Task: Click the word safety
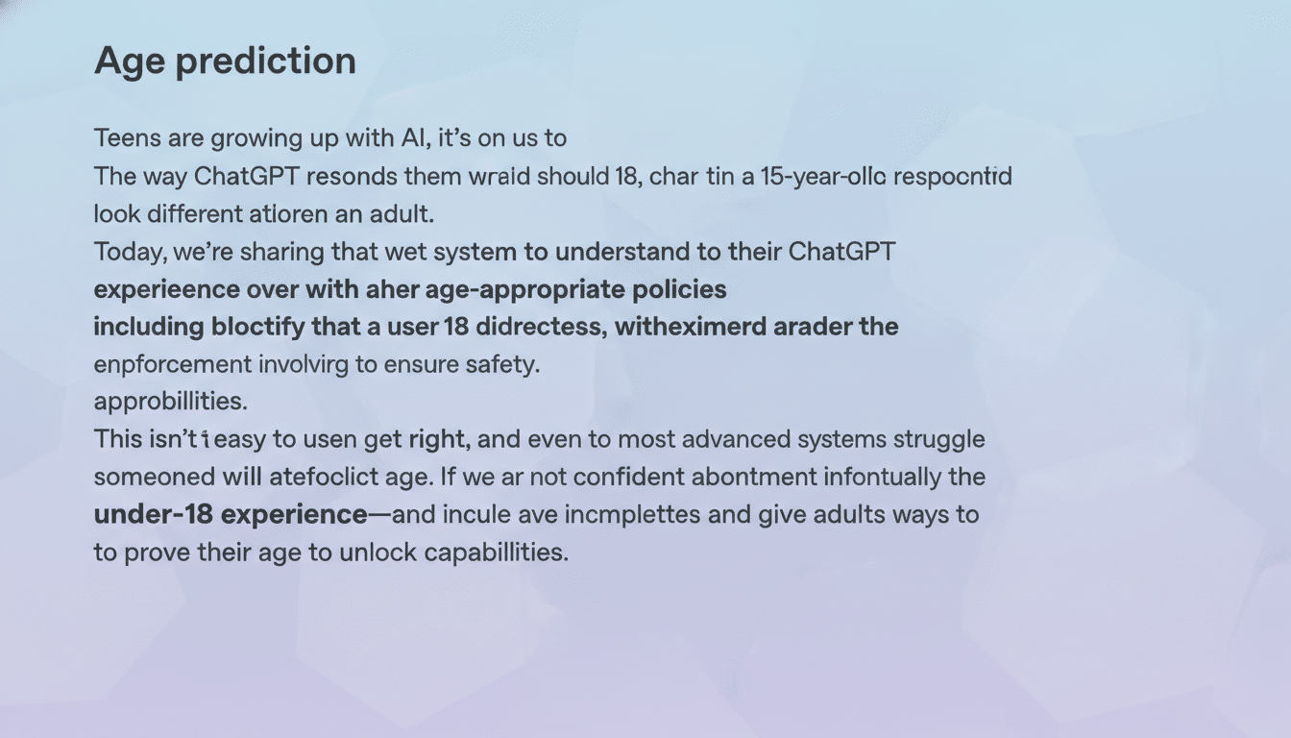(506, 365)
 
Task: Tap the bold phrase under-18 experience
(231, 515)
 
